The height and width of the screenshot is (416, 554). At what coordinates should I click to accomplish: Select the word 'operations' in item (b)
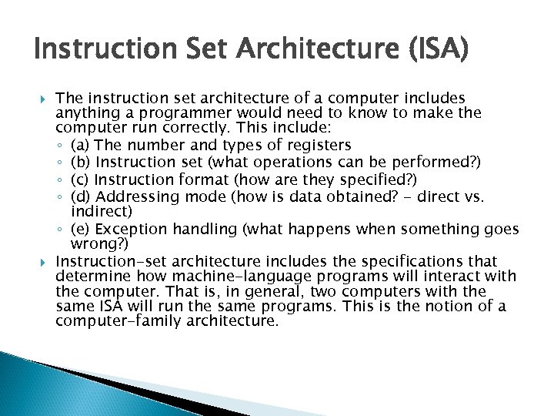[x=289, y=162]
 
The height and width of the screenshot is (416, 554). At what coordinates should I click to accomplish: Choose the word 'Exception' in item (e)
[x=131, y=229]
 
